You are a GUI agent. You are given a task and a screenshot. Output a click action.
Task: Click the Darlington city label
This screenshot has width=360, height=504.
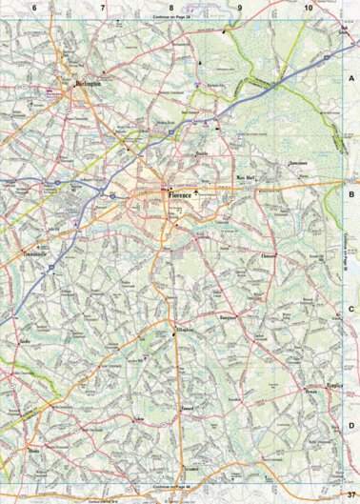[88, 84]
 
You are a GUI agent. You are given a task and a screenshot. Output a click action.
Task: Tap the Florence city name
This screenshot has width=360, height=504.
[180, 195]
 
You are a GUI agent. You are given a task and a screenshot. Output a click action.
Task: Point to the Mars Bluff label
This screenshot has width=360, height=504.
[247, 177]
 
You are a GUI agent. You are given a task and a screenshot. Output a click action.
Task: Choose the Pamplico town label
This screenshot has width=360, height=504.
[332, 385]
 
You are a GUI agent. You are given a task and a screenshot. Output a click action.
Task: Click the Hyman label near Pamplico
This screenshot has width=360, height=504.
[310, 391]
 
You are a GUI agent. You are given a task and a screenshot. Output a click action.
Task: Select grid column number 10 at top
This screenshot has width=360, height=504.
[308, 7]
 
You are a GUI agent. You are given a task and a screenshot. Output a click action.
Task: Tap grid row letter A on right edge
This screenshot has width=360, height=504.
[350, 78]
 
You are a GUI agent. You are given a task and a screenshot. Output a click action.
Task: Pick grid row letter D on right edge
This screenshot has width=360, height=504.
[350, 426]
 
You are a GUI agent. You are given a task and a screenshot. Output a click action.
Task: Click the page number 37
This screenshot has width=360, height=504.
[350, 493]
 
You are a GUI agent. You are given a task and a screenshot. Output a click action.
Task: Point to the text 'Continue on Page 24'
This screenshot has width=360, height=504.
[171, 17]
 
